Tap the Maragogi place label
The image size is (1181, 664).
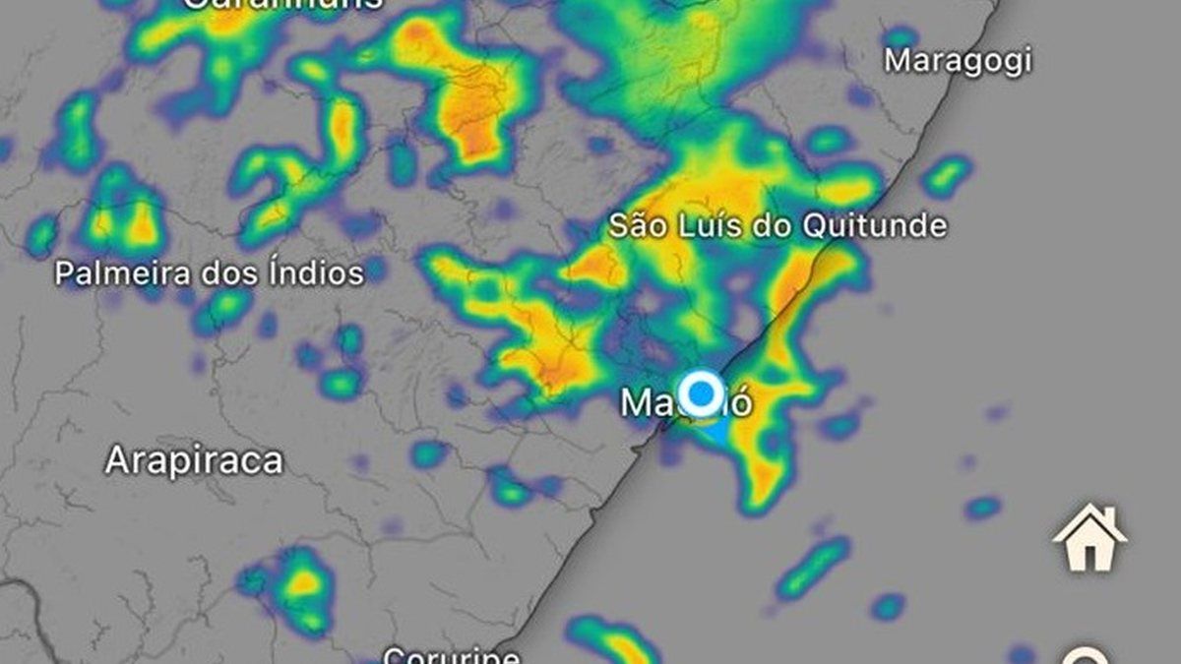tap(958, 61)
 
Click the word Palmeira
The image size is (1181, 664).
tap(112, 272)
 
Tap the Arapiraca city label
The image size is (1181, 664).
tap(194, 460)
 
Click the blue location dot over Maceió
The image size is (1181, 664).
tap(701, 393)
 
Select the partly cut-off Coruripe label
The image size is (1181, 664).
tap(451, 654)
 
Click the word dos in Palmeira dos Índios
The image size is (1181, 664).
tap(228, 272)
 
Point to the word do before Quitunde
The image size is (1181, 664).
tap(776, 226)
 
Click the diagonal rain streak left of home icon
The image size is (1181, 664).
tap(813, 568)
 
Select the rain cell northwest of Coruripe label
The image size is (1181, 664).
tap(295, 587)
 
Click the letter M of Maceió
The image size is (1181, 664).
tap(636, 402)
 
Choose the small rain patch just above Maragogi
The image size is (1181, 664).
tap(900, 37)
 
